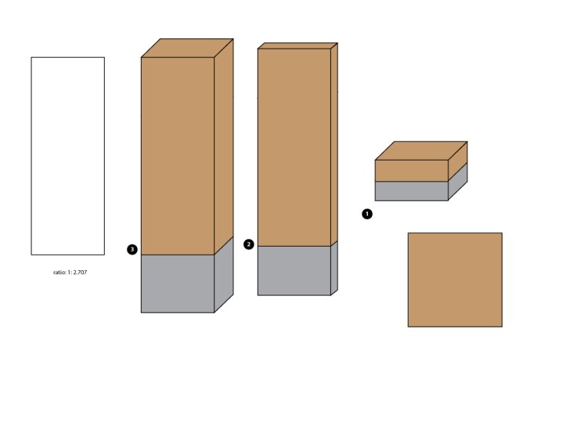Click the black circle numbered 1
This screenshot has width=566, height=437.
pos(366,214)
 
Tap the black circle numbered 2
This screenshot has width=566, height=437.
pos(249,244)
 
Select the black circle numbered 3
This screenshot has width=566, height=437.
pos(132,250)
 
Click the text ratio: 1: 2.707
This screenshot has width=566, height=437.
pos(70,273)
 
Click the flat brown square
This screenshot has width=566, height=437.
pos(455,280)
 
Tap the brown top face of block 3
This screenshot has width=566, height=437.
pos(187,48)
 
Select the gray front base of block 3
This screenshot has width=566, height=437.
pos(178,284)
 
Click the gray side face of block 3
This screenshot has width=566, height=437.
pos(224,275)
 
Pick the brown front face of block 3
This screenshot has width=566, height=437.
pos(178,156)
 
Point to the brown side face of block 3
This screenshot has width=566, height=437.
pos(224,146)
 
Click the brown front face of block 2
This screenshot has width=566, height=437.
pos(294,148)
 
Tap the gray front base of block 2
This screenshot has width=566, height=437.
pos(294,271)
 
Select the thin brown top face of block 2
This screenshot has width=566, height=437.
pos(297,46)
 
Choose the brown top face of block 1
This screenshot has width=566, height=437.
pos(421,150)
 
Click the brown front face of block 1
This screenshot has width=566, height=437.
pos(412,171)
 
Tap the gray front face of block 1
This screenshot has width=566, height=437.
pos(412,191)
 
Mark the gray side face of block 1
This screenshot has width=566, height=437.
pos(458,182)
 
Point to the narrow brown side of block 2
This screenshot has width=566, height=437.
pos(334,144)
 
